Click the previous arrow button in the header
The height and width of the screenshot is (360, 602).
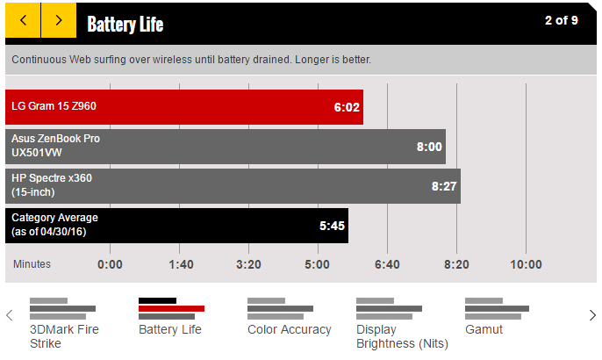pyautogui.click(x=23, y=20)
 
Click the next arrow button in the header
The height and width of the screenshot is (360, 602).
pyautogui.click(x=59, y=20)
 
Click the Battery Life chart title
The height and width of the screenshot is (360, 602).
pyautogui.click(x=125, y=24)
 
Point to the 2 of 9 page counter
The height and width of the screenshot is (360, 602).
pyautogui.click(x=561, y=20)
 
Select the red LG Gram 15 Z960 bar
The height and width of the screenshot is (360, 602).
pyautogui.click(x=184, y=106)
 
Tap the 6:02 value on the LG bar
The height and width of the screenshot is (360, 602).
pyautogui.click(x=346, y=107)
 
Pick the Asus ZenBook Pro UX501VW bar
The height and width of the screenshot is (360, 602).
pyautogui.click(x=226, y=146)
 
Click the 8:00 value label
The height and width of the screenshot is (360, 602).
pyautogui.click(x=428, y=147)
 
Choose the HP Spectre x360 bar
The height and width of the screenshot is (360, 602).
pyautogui.click(x=233, y=185)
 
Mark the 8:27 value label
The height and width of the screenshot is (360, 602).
pyautogui.click(x=443, y=186)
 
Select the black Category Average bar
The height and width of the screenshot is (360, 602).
pyautogui.click(x=176, y=225)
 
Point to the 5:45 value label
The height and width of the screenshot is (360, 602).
pyautogui.click(x=332, y=226)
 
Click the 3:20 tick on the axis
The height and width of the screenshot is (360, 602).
pyautogui.click(x=248, y=264)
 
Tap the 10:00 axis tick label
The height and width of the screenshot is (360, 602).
pyautogui.click(x=526, y=264)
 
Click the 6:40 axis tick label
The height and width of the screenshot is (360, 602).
pyautogui.click(x=387, y=264)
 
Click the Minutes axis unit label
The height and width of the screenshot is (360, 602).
pyautogui.click(x=32, y=264)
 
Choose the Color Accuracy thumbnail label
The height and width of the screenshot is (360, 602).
pyautogui.click(x=289, y=329)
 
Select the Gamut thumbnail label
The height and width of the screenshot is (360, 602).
pyautogui.click(x=484, y=329)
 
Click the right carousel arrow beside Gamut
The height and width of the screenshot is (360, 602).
pyautogui.click(x=592, y=315)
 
